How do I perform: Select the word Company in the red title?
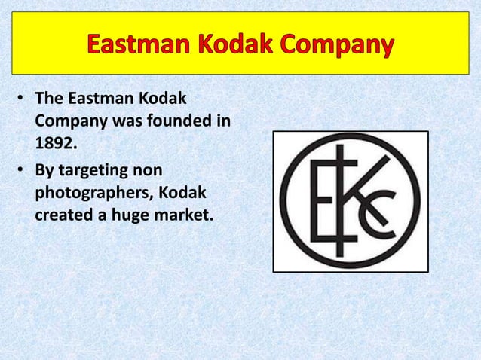(x=340, y=47)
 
